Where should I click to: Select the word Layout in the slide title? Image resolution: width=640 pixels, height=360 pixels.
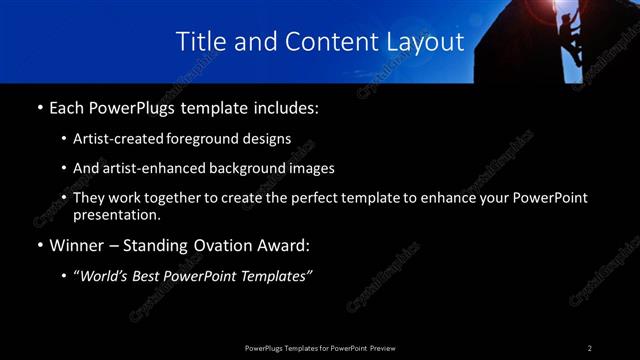coord(427,42)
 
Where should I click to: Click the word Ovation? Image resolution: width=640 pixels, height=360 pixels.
coord(228,246)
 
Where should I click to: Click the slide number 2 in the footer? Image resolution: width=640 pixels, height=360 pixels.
coord(590,348)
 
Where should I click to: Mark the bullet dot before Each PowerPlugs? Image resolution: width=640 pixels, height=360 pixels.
coord(38,108)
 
